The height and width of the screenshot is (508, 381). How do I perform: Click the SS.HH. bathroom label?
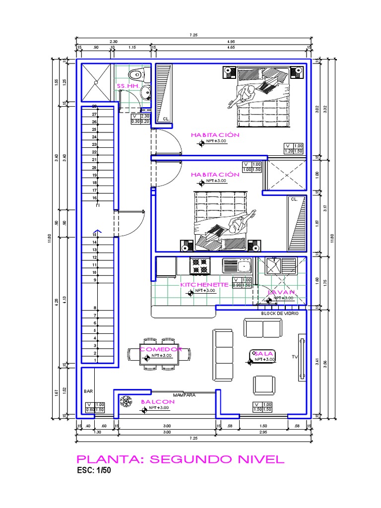pos(127,86)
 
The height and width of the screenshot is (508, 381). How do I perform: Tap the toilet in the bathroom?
pos(135,75)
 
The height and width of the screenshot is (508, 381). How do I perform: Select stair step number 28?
pos(94,106)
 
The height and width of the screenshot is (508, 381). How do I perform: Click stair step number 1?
pos(94,361)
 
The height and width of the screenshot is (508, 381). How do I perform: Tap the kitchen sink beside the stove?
pos(237,266)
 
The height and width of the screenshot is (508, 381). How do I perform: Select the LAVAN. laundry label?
pos(282,293)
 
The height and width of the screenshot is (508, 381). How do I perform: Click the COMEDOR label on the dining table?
pos(161,349)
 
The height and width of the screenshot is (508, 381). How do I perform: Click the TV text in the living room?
pos(295,357)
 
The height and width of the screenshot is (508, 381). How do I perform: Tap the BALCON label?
pos(158,401)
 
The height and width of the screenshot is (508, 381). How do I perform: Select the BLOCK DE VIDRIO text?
pos(280,314)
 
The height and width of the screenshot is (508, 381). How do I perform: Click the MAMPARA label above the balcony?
pos(183,395)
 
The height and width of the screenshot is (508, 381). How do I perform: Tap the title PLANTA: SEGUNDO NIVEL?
pos(180,459)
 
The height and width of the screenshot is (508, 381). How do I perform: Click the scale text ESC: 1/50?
pos(94,471)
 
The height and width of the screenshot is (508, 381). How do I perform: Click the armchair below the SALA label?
pos(263,384)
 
